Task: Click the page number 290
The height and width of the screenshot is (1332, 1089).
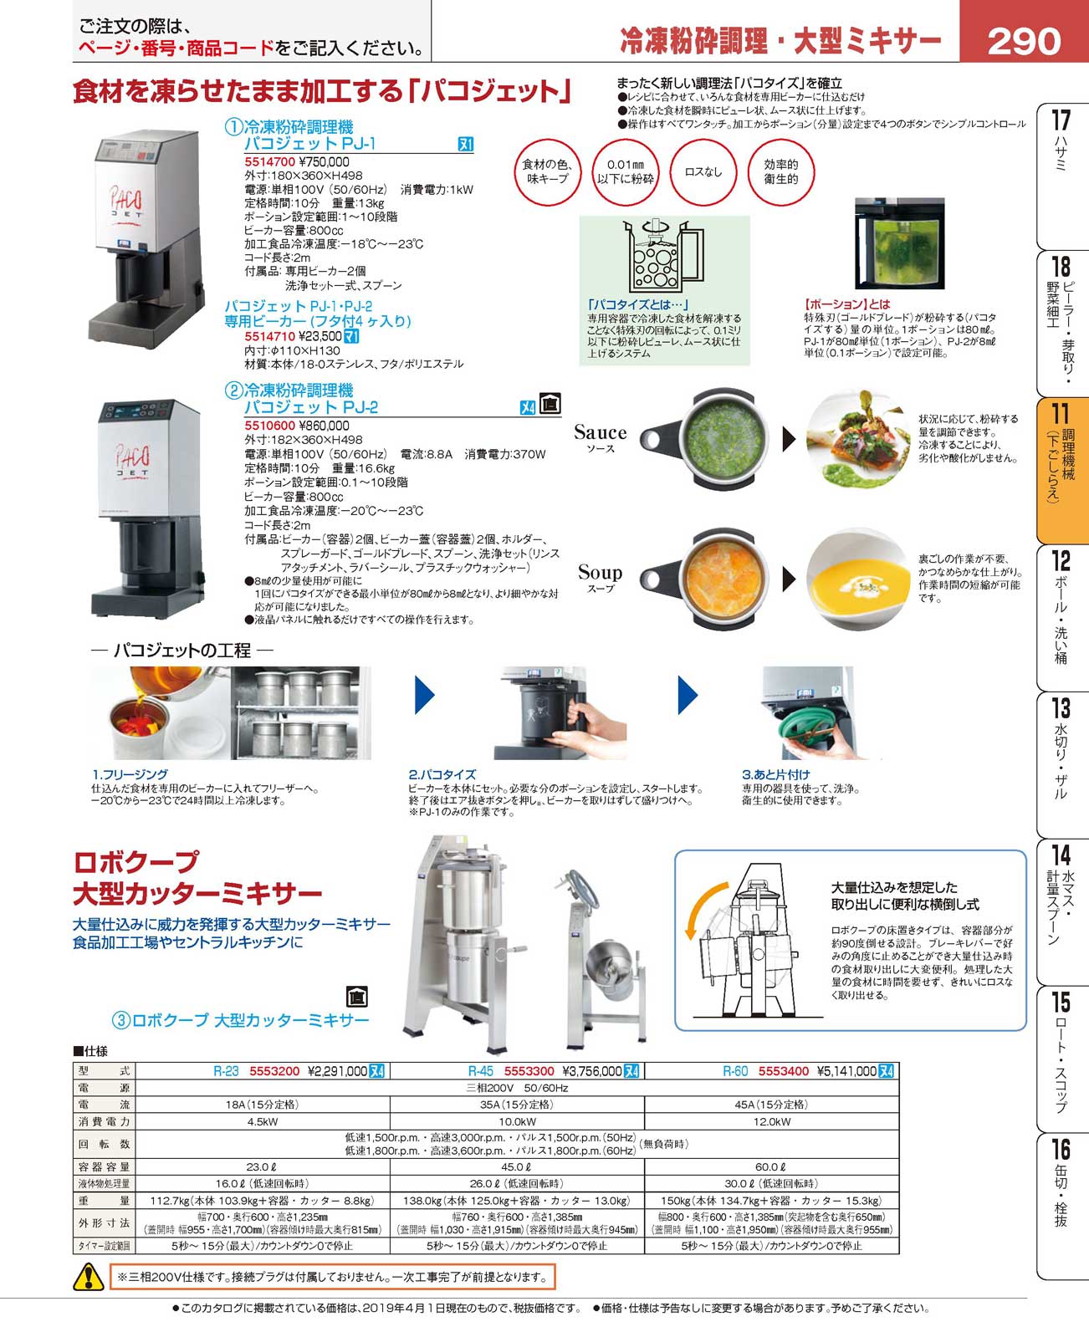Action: click(x=1023, y=42)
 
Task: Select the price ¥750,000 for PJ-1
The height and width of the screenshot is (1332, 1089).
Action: click(x=324, y=161)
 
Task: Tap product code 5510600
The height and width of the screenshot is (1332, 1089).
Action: click(x=269, y=426)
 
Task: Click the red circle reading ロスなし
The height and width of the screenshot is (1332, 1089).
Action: click(x=703, y=171)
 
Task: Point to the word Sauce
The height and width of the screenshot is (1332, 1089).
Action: click(x=600, y=432)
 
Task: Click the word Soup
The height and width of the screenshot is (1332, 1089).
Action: click(x=600, y=572)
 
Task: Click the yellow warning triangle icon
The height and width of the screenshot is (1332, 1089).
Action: click(x=89, y=1276)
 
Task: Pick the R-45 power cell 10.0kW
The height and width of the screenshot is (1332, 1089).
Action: click(x=518, y=1121)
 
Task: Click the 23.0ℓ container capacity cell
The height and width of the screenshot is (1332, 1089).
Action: click(x=262, y=1167)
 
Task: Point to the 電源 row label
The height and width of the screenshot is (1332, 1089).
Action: click(x=105, y=1088)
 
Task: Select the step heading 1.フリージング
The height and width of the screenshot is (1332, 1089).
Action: click(x=130, y=773)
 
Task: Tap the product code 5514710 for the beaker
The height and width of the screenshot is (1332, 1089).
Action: click(x=269, y=336)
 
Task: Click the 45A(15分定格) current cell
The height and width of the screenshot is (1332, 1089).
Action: click(x=770, y=1105)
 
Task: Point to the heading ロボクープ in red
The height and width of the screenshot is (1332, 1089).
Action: click(x=135, y=862)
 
